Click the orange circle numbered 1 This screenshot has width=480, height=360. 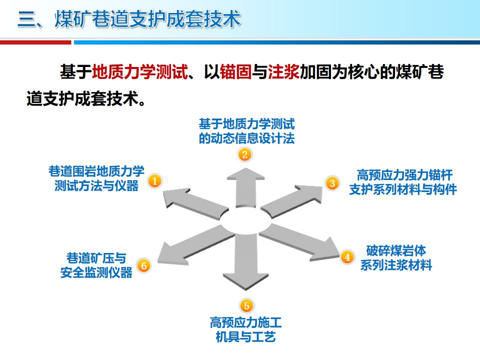155,181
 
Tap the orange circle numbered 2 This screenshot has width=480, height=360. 244,154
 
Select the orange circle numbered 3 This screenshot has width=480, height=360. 332,183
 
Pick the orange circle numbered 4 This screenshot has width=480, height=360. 347,257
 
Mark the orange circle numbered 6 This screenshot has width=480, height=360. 143,265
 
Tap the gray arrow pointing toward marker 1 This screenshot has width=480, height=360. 190,202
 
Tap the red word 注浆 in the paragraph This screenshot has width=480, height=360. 283,72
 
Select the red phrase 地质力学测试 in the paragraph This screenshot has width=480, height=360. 140,72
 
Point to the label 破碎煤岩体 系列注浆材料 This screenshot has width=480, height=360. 396,257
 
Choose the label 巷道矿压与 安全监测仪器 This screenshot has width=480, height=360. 96,265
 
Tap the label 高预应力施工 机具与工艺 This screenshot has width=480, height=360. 245,328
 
